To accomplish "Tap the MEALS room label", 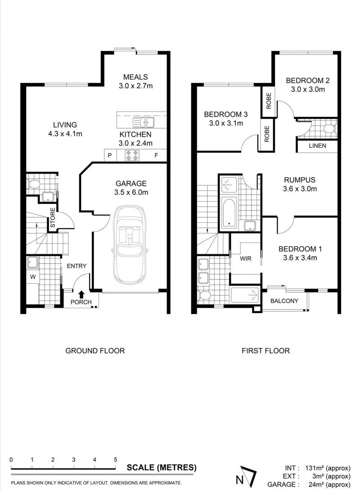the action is click(x=135, y=77).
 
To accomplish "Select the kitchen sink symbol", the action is click(x=144, y=122).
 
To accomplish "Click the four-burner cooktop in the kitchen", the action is click(x=132, y=155).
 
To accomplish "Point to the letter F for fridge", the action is click(x=156, y=155).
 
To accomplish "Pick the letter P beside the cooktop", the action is click(x=110, y=155).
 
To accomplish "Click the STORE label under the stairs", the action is click(x=53, y=217).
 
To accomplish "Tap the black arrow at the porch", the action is click(x=81, y=294).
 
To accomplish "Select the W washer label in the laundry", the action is click(x=33, y=277).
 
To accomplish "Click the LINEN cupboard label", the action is click(x=317, y=146).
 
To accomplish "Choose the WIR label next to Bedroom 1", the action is click(x=246, y=258).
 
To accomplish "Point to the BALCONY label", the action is click(x=284, y=301).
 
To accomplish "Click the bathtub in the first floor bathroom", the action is click(x=229, y=213).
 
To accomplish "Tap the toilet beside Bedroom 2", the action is click(x=330, y=129).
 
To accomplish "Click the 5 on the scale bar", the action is click(x=115, y=459).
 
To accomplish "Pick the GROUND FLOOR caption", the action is click(x=95, y=351).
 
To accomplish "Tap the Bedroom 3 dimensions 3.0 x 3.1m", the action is click(x=226, y=123).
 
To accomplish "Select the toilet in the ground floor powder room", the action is click(x=34, y=184).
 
